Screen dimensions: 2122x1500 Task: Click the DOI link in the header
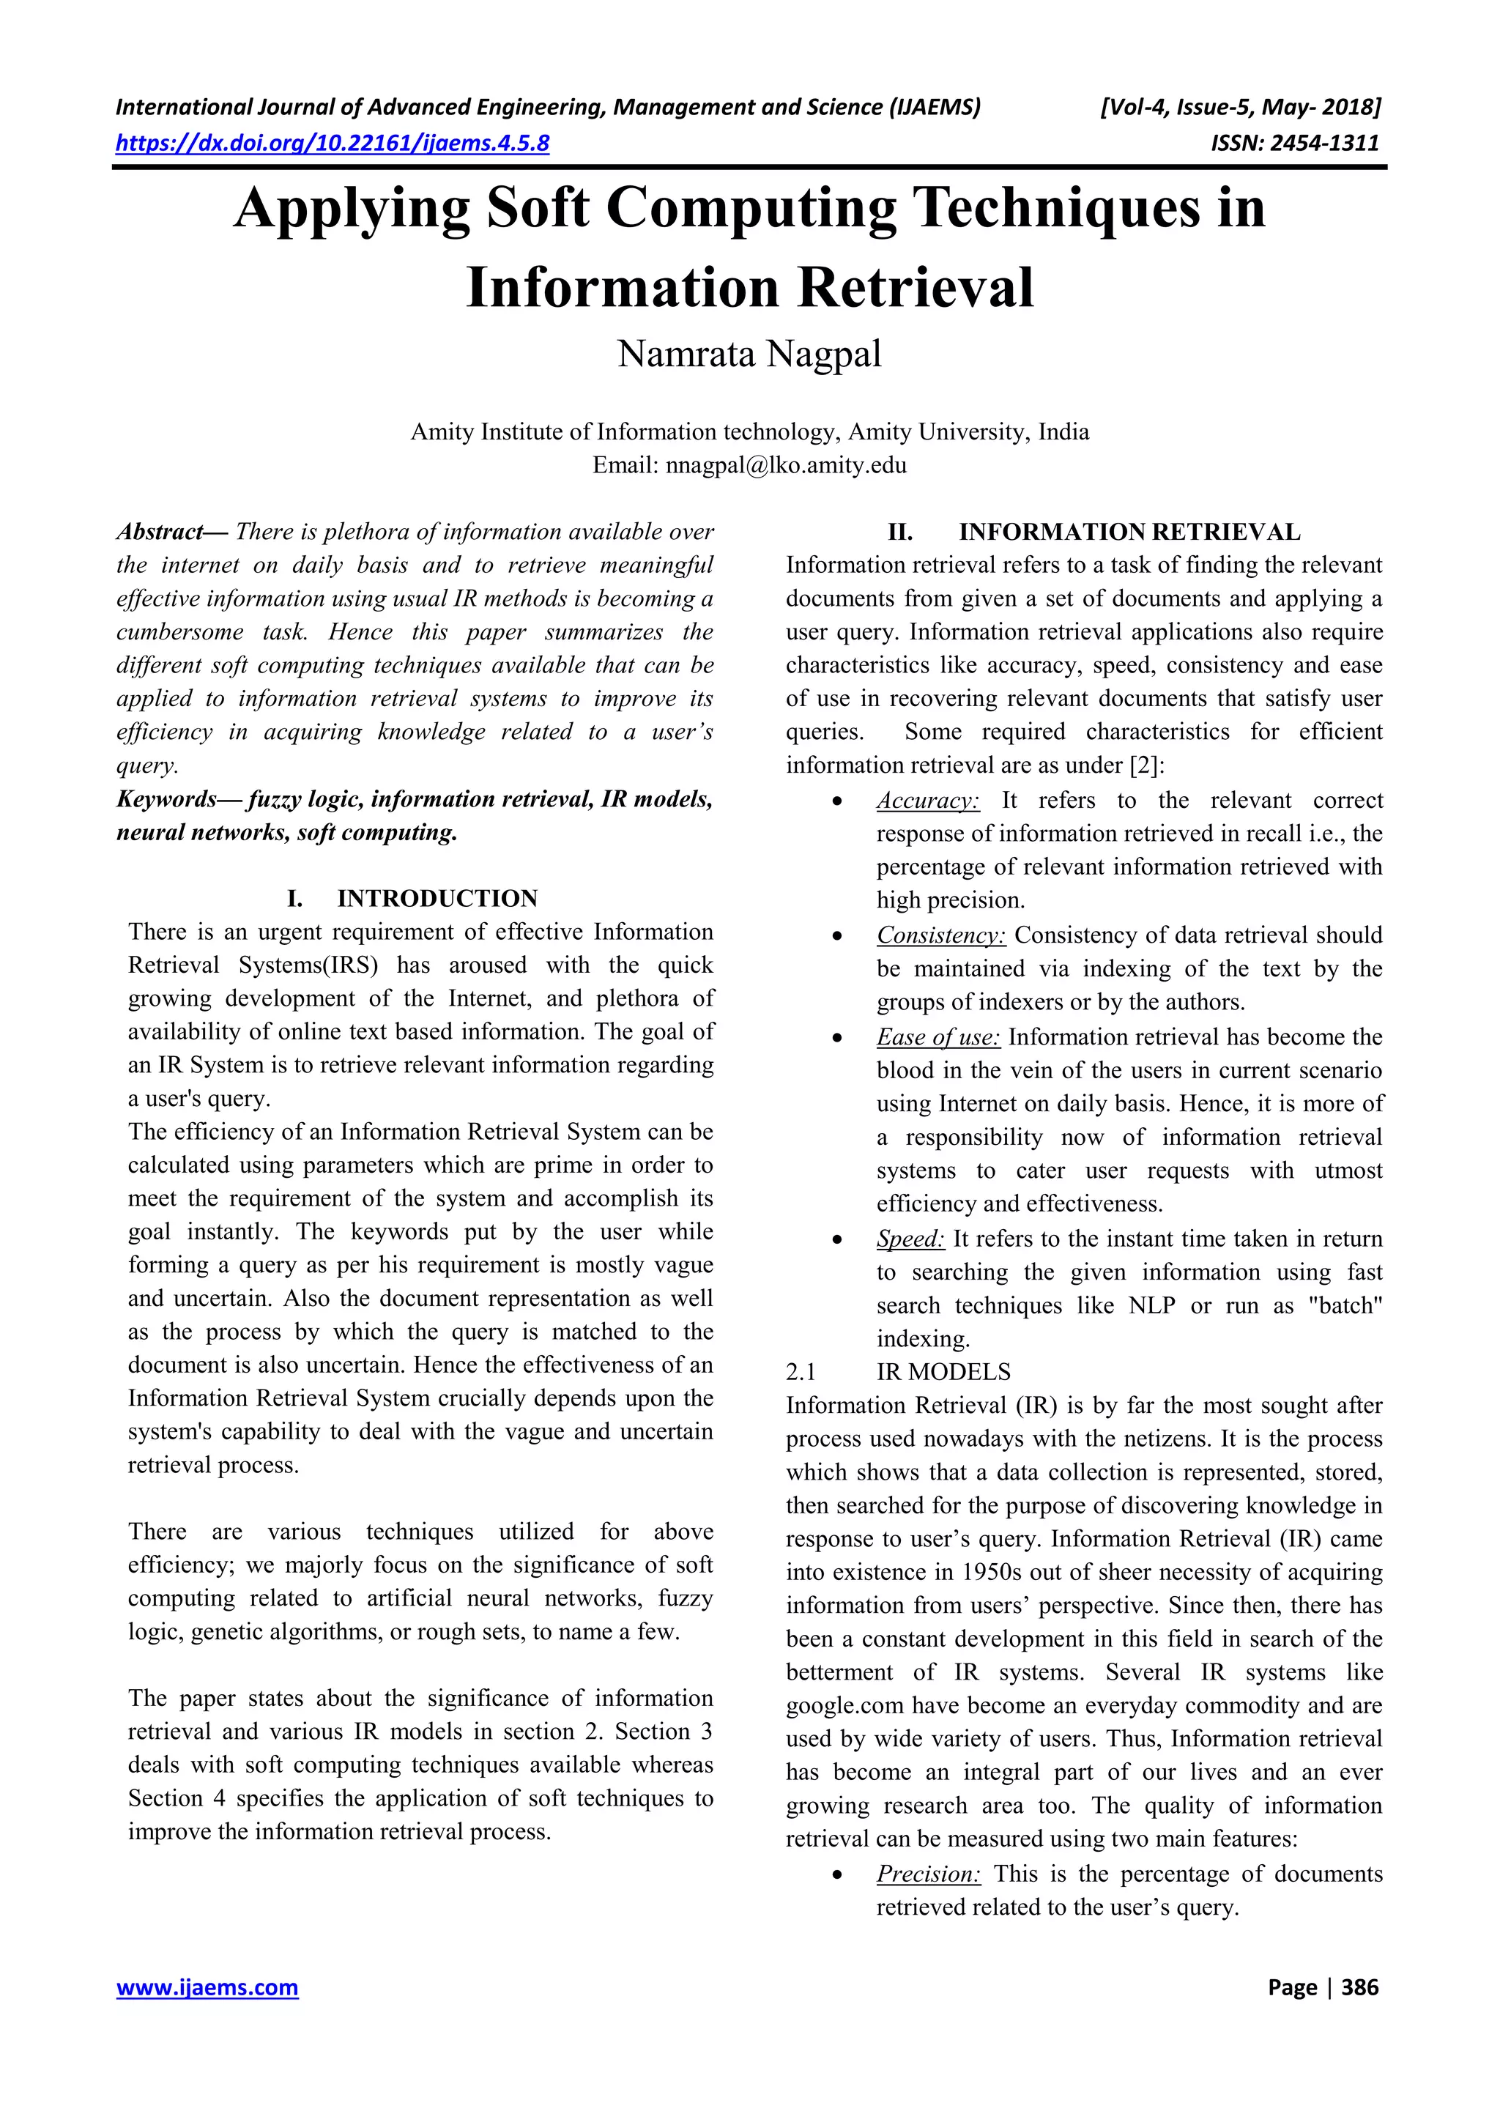point(333,144)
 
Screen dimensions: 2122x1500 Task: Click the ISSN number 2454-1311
point(1323,144)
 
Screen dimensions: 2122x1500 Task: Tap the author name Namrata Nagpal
point(749,354)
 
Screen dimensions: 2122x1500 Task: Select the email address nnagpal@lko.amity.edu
point(786,465)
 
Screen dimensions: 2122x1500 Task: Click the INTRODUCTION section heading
point(437,898)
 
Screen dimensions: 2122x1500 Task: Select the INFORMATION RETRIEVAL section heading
point(1129,533)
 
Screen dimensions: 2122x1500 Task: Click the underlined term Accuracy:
point(928,801)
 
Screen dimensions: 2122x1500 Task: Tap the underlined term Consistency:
point(941,935)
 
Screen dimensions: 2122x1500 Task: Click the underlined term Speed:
point(910,1239)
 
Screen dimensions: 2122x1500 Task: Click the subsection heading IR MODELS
point(943,1373)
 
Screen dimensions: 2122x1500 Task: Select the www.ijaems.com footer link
point(207,1988)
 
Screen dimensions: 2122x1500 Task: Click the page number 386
point(1359,1988)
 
